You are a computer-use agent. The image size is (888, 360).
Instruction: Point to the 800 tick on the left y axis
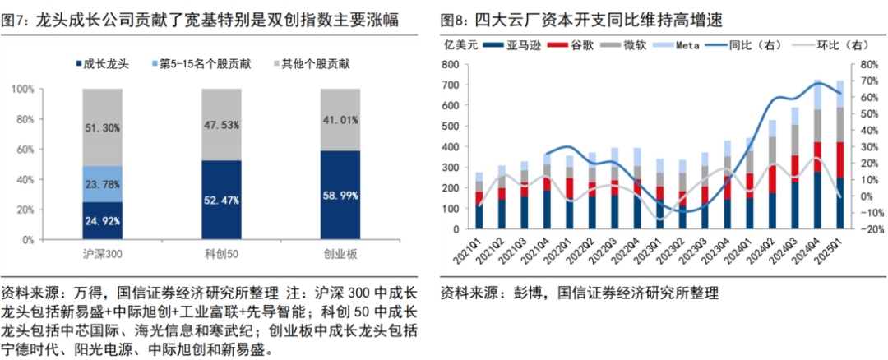[x=449, y=64]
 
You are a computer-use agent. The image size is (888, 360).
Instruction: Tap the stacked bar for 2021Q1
[x=480, y=201]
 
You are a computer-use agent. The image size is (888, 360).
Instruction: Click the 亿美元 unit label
[x=459, y=45]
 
